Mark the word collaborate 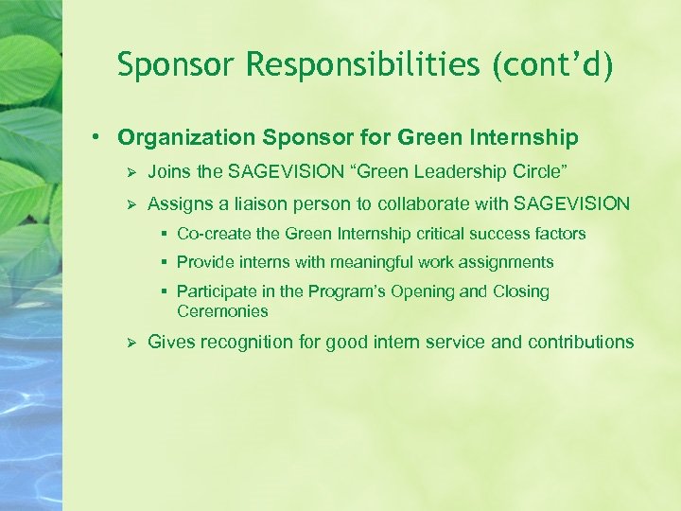[427, 203]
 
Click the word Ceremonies [222, 311]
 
